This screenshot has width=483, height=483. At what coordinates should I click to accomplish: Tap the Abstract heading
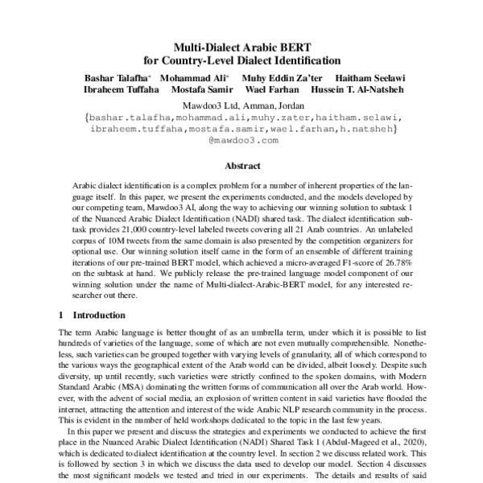(242, 166)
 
